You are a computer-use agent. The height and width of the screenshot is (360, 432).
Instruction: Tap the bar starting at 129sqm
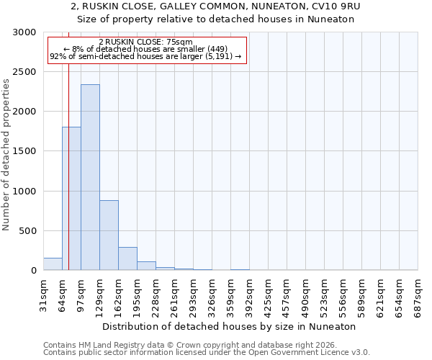109,235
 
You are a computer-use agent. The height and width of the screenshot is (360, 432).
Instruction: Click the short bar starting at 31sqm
53,264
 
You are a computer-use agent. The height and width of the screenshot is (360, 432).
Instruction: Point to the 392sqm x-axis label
250,295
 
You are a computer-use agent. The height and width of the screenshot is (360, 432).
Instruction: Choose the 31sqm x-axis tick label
44,295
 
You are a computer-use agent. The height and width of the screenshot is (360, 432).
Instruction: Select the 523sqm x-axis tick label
325,295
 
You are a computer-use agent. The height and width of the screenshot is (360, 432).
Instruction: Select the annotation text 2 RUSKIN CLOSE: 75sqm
147,42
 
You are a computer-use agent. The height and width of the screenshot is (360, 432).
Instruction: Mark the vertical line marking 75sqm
68,180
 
